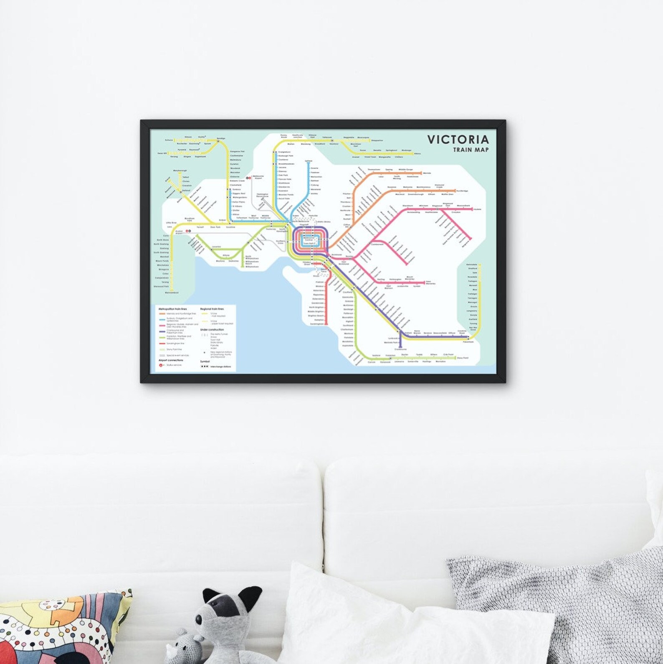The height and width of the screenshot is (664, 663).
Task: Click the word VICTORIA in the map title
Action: click(x=458, y=140)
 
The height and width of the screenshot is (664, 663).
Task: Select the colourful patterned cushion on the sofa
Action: click(x=63, y=627)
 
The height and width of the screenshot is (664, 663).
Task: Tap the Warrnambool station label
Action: click(x=172, y=293)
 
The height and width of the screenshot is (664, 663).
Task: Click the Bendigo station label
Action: click(x=221, y=138)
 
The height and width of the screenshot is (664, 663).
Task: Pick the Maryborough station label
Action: click(x=180, y=170)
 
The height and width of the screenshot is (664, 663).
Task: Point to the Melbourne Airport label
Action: click(x=258, y=177)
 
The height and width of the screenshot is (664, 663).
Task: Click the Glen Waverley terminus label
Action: click(x=430, y=282)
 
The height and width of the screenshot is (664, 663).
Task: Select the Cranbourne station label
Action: click(x=400, y=349)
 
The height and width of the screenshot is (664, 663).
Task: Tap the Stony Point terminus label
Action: click(x=463, y=358)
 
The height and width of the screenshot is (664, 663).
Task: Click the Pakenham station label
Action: click(x=468, y=342)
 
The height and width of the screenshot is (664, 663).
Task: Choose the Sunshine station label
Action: click(x=231, y=227)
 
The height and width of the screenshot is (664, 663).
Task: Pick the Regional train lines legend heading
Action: click(x=212, y=309)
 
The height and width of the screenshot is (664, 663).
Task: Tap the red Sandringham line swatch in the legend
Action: click(x=162, y=343)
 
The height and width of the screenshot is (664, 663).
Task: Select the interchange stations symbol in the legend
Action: click(x=204, y=366)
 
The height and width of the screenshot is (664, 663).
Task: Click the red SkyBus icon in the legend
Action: click(x=161, y=365)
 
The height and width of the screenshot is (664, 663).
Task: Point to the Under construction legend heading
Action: click(x=212, y=330)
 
